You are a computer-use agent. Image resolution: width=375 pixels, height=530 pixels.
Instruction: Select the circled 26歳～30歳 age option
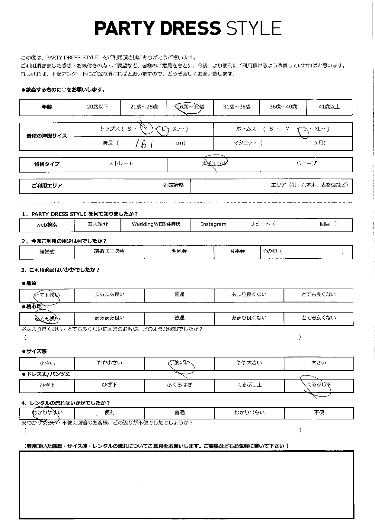(x=190, y=107)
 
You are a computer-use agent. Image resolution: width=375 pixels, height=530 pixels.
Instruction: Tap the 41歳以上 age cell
(x=329, y=107)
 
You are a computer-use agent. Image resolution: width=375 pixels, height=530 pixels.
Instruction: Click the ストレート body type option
(x=121, y=164)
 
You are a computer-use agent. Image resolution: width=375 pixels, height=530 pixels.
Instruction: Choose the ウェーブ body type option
(x=306, y=163)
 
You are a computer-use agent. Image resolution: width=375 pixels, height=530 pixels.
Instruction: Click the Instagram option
(x=213, y=224)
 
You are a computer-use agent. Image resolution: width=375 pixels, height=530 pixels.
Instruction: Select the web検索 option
(x=47, y=225)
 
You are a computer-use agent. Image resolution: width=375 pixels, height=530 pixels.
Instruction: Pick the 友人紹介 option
(x=97, y=224)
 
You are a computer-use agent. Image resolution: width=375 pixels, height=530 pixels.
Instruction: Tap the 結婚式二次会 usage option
(x=109, y=251)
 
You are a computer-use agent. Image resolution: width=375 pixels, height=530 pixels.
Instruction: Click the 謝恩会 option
(x=179, y=251)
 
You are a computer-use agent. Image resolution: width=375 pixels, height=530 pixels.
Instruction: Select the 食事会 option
(x=237, y=251)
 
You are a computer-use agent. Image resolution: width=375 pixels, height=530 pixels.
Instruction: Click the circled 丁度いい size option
(x=179, y=363)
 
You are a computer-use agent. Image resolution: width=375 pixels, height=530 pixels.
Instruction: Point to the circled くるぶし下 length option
(x=319, y=385)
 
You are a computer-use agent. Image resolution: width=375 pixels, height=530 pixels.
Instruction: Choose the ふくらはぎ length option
(x=179, y=385)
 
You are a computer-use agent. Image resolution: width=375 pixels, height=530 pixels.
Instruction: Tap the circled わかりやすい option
(x=47, y=413)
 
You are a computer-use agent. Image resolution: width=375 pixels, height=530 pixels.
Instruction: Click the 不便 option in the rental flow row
(x=319, y=412)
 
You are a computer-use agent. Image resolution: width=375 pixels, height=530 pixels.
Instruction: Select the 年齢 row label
(x=47, y=107)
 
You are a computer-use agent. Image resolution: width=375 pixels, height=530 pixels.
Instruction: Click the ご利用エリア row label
(x=47, y=186)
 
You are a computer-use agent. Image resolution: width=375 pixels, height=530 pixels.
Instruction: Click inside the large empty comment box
(x=186, y=485)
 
